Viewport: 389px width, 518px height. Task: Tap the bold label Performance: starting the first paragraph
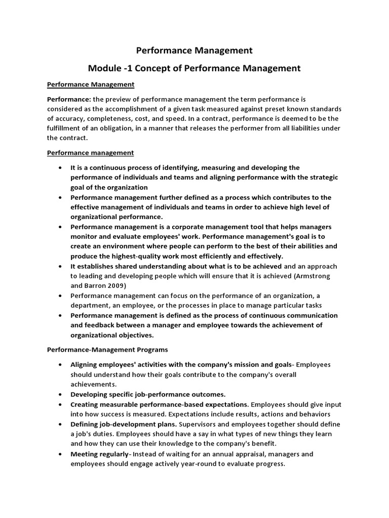click(x=68, y=100)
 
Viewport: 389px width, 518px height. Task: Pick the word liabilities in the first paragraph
click(x=297, y=128)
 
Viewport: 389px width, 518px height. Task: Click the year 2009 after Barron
click(x=125, y=286)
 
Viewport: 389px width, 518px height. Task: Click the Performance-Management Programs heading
click(x=107, y=350)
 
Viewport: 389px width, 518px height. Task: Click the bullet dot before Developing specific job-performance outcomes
click(x=60, y=394)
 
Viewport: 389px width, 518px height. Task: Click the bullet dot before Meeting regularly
click(x=60, y=454)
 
